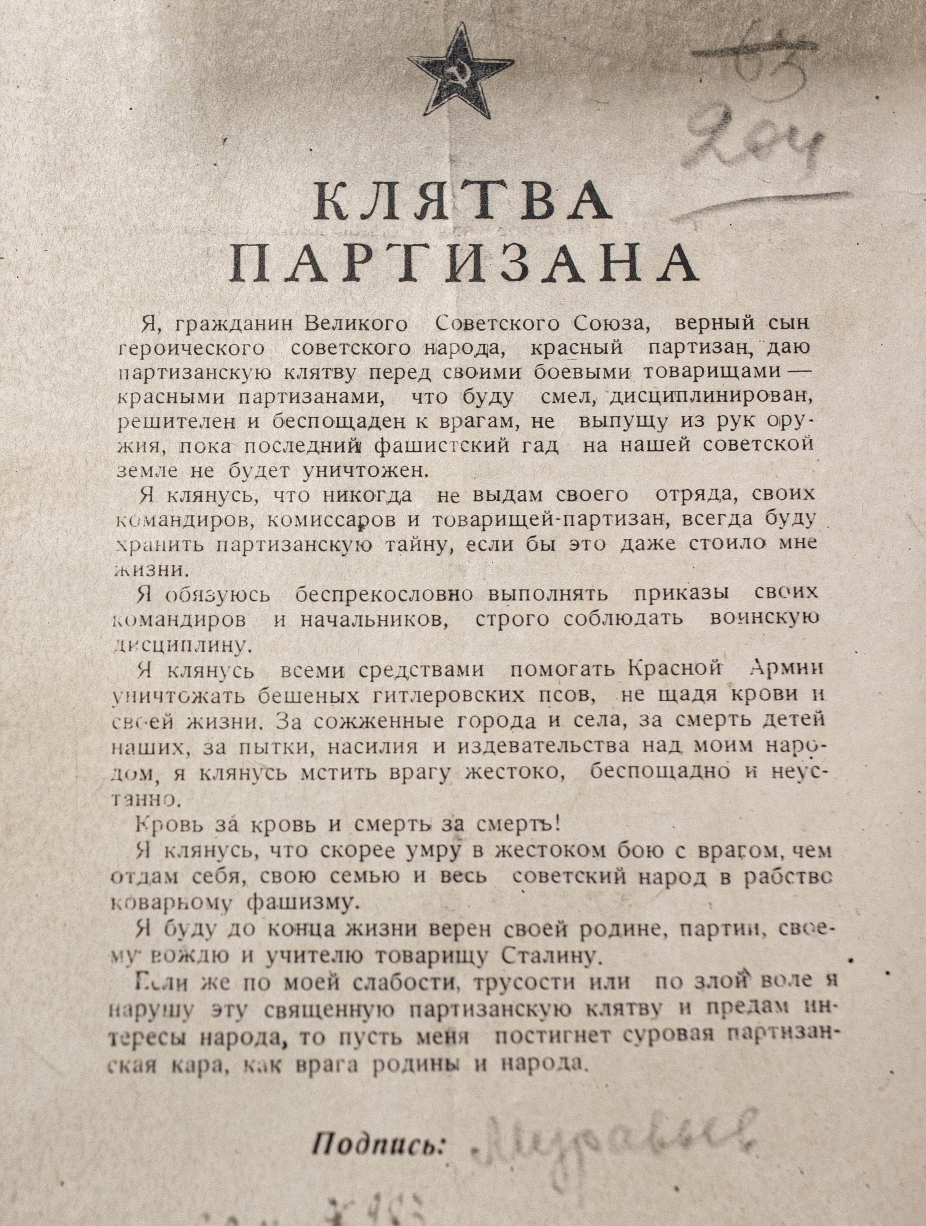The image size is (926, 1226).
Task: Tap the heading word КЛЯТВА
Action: point(463,203)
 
